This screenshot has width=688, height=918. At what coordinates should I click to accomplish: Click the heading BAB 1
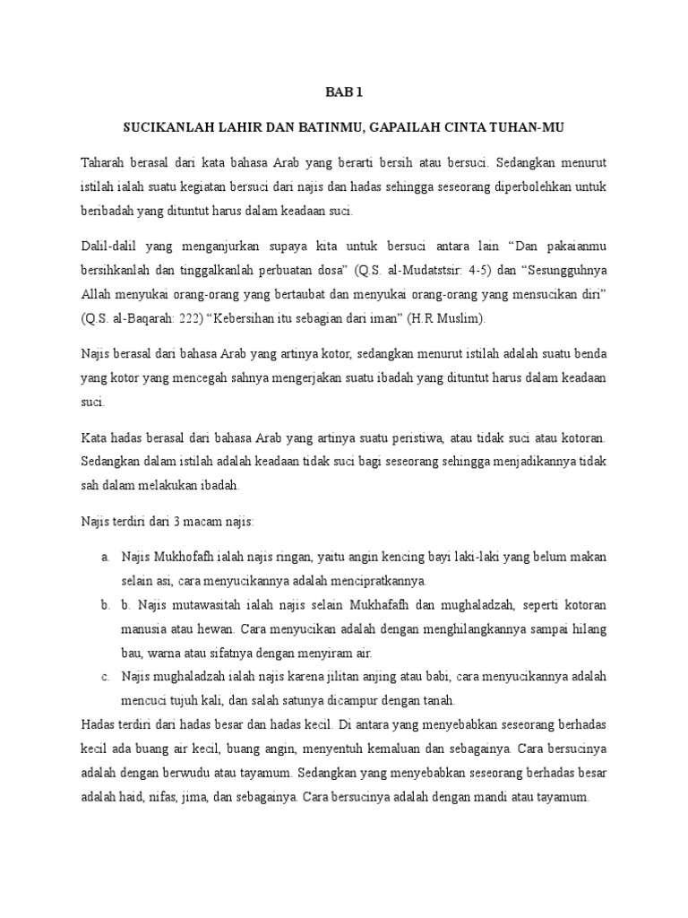344,91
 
